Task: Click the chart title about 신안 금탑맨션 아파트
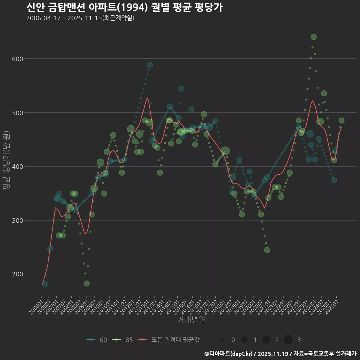coord(124,7)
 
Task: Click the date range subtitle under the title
coord(80,18)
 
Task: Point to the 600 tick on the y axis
coord(18,59)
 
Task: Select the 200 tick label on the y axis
coord(18,274)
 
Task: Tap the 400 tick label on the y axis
coord(18,166)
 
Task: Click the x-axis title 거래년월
coord(191,320)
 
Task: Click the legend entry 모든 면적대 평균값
coord(169,340)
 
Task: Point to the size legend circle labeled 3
coord(288,340)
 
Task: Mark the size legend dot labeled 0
coord(222,340)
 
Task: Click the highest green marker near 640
coord(314,37)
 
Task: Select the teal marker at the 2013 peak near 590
coord(150,65)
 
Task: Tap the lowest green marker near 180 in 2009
coord(87,283)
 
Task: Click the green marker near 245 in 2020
coord(267,250)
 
